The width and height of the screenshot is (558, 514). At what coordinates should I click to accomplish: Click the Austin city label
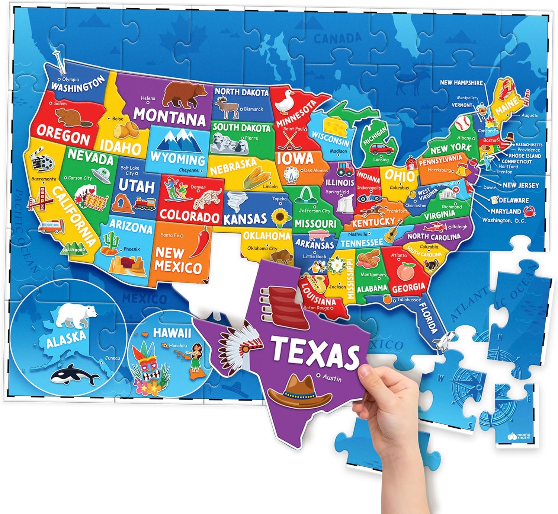pyautogui.click(x=331, y=378)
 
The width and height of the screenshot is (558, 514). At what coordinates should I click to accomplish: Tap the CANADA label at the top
pyautogui.click(x=337, y=38)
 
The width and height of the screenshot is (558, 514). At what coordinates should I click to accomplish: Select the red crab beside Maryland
pyautogui.click(x=529, y=212)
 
